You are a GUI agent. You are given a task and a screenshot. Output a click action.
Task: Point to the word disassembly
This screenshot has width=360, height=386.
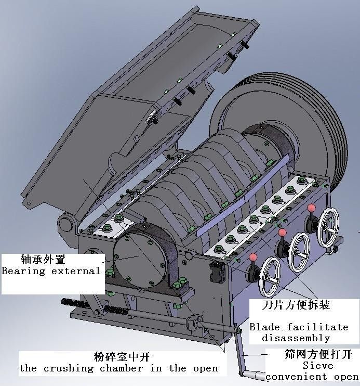coord(296,338)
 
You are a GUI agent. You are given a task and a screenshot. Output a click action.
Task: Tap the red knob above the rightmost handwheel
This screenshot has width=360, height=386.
coord(312,208)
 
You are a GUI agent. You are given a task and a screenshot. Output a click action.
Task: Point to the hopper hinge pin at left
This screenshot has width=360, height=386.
coord(65,224)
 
